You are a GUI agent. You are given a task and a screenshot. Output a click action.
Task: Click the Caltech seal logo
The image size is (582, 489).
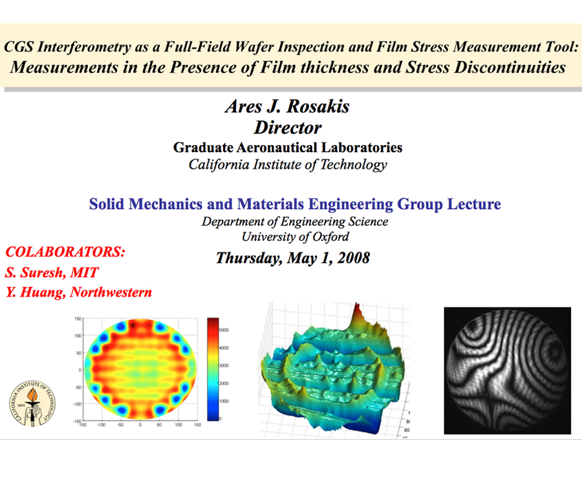click(32, 404)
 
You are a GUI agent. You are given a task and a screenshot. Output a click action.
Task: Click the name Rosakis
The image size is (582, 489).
click(318, 106)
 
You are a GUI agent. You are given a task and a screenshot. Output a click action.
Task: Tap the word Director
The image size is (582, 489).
click(288, 128)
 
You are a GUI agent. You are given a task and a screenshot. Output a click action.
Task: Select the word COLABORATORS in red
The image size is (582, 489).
click(63, 252)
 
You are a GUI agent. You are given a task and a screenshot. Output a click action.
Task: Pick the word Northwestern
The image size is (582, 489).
click(111, 292)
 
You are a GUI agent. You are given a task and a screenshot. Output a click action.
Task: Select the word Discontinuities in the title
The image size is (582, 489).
click(510, 67)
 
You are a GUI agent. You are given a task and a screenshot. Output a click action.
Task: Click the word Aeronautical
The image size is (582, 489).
click(277, 148)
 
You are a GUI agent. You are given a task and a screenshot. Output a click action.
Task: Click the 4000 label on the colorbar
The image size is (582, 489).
click(224, 348)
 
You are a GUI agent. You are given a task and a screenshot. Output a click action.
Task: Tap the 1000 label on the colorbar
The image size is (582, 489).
click(224, 402)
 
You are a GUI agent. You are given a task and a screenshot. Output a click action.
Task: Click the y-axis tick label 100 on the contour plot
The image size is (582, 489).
click(78, 335)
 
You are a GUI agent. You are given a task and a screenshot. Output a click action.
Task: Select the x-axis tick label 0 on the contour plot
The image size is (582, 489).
click(140, 425)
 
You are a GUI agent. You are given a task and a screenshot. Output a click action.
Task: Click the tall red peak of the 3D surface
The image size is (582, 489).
click(357, 312)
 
